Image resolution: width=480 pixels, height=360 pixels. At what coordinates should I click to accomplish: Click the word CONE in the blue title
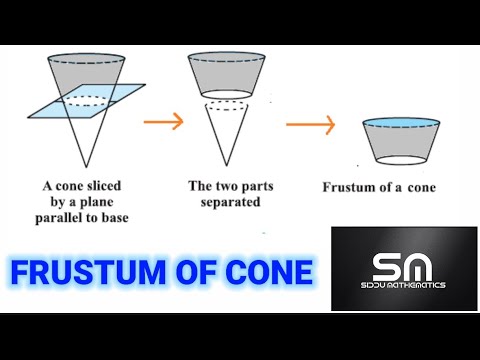[270, 272]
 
